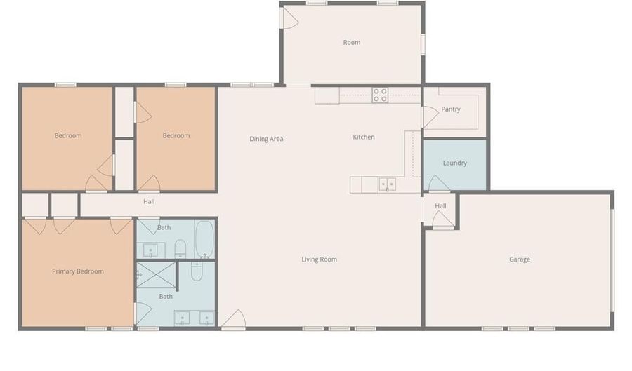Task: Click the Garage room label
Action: pyautogui.click(x=519, y=259)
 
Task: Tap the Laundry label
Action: pyautogui.click(x=454, y=163)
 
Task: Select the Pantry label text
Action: pyautogui.click(x=451, y=109)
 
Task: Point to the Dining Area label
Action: pyautogui.click(x=266, y=139)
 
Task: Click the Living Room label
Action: pyautogui.click(x=320, y=259)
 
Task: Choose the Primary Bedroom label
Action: pyautogui.click(x=78, y=271)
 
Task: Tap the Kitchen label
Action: pyautogui.click(x=364, y=137)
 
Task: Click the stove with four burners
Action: pyautogui.click(x=380, y=95)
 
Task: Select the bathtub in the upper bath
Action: pyautogui.click(x=205, y=239)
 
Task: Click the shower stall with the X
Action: pyautogui.click(x=157, y=275)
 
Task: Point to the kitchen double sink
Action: pyautogui.click(x=387, y=184)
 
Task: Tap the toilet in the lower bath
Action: pyautogui.click(x=197, y=271)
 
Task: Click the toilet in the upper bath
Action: pyautogui.click(x=180, y=249)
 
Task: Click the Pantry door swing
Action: pyautogui.click(x=430, y=116)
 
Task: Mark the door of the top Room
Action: pyautogui.click(x=289, y=18)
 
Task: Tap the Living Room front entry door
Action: pyautogui.click(x=234, y=320)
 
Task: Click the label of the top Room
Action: pyautogui.click(x=352, y=43)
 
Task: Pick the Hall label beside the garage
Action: pyautogui.click(x=440, y=206)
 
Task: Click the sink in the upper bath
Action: pyautogui.click(x=151, y=250)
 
